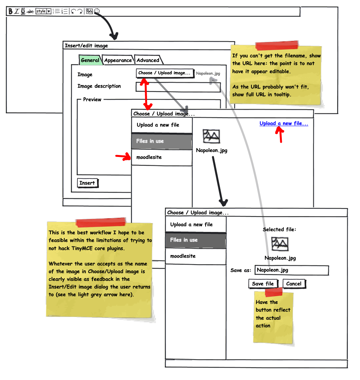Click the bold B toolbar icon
tap(10, 11)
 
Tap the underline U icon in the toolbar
tap(23, 11)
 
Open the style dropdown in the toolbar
tap(44, 11)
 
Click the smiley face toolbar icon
tap(97, 11)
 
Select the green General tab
tap(90, 60)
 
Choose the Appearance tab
tap(118, 60)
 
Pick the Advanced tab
tap(148, 60)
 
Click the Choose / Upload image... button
tap(165, 73)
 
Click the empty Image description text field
tap(178, 87)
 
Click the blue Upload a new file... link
tap(284, 123)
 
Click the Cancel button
tap(294, 284)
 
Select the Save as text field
tap(292, 270)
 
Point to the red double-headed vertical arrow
tap(146, 93)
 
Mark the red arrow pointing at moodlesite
tap(123, 157)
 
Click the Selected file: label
tap(280, 230)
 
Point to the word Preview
tap(92, 99)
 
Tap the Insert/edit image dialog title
tap(86, 45)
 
